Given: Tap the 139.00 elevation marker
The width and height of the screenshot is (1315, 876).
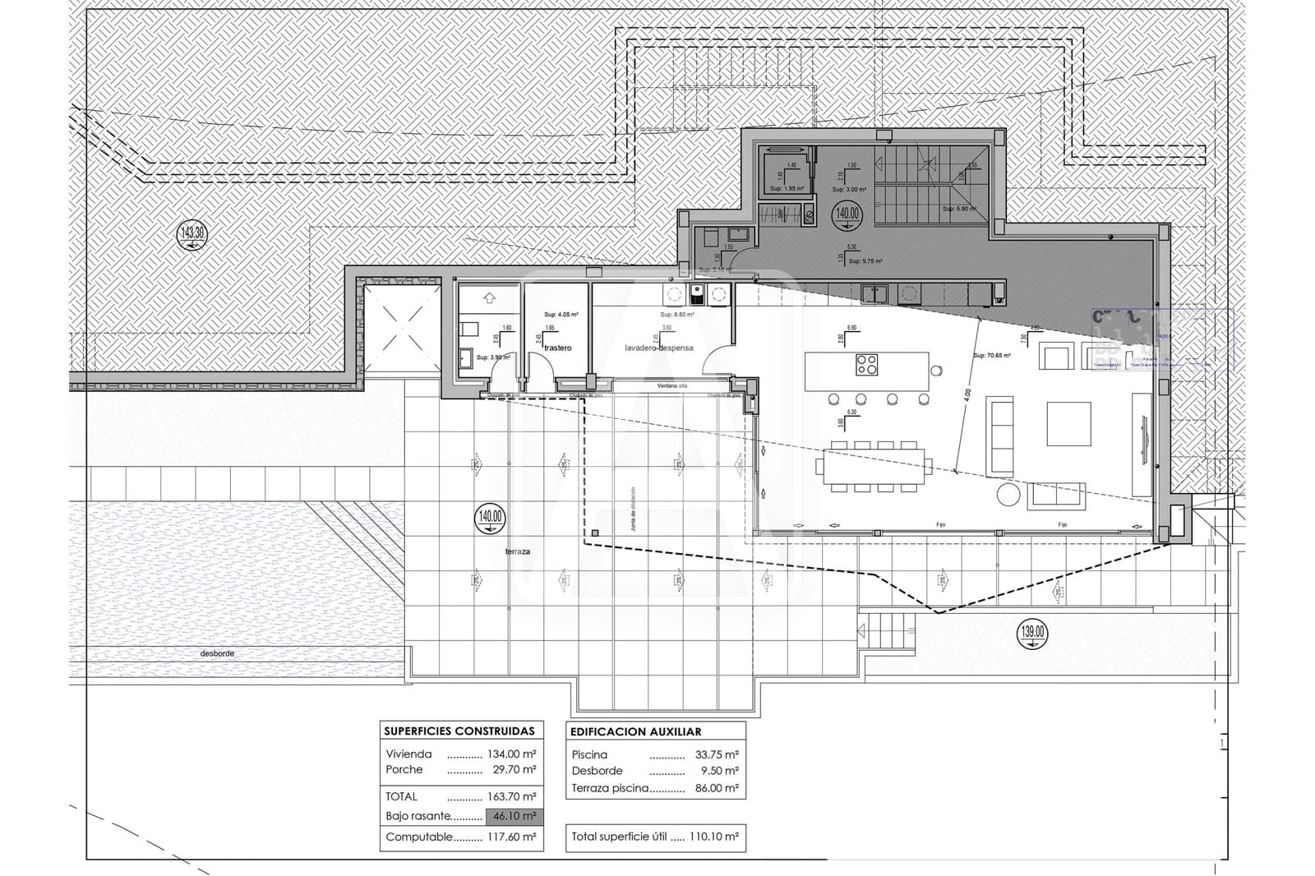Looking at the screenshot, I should pos(1033,633).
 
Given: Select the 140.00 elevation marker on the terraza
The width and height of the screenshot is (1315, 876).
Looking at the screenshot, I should pos(490,517).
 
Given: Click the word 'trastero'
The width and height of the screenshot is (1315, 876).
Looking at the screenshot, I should pos(557,348).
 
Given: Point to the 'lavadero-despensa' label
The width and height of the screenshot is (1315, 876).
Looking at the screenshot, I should pos(658,348).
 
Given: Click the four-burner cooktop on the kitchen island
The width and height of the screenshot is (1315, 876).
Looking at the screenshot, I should pos(866,364).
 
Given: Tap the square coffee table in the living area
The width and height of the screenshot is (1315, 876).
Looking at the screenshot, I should pos(1068,424).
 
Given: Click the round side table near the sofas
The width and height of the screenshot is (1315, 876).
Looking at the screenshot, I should pos(1007,493).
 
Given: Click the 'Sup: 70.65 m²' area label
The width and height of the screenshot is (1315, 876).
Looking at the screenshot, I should pos(991,356).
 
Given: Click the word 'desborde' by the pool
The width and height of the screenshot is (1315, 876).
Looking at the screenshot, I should pos(217,654).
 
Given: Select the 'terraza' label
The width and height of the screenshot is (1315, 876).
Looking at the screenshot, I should pos(518,552).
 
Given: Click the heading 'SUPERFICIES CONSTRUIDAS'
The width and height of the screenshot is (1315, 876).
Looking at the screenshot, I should pos(459,731).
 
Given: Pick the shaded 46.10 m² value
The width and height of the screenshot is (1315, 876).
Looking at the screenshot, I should pos(514,817).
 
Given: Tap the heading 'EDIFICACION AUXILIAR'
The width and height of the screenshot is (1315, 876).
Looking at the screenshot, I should pos(635,731).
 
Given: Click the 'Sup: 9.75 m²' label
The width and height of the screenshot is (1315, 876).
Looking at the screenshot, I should pos(865,261).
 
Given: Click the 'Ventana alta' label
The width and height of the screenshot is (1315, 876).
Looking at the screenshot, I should pos(671,386).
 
